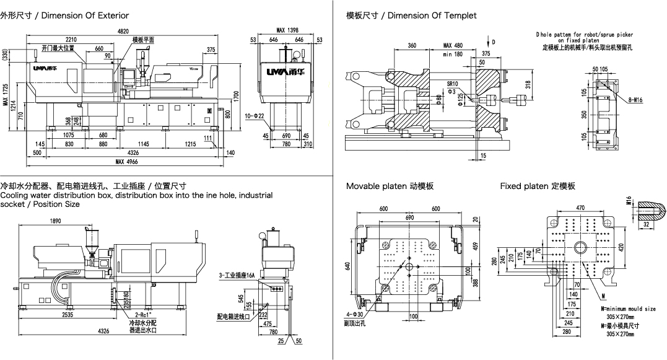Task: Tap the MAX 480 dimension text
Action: (x=453, y=46)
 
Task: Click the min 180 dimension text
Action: (x=453, y=55)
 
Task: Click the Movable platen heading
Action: (x=390, y=186)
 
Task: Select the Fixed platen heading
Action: (x=538, y=186)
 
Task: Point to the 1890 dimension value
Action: (x=56, y=221)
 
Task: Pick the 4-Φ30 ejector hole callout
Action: (x=356, y=315)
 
